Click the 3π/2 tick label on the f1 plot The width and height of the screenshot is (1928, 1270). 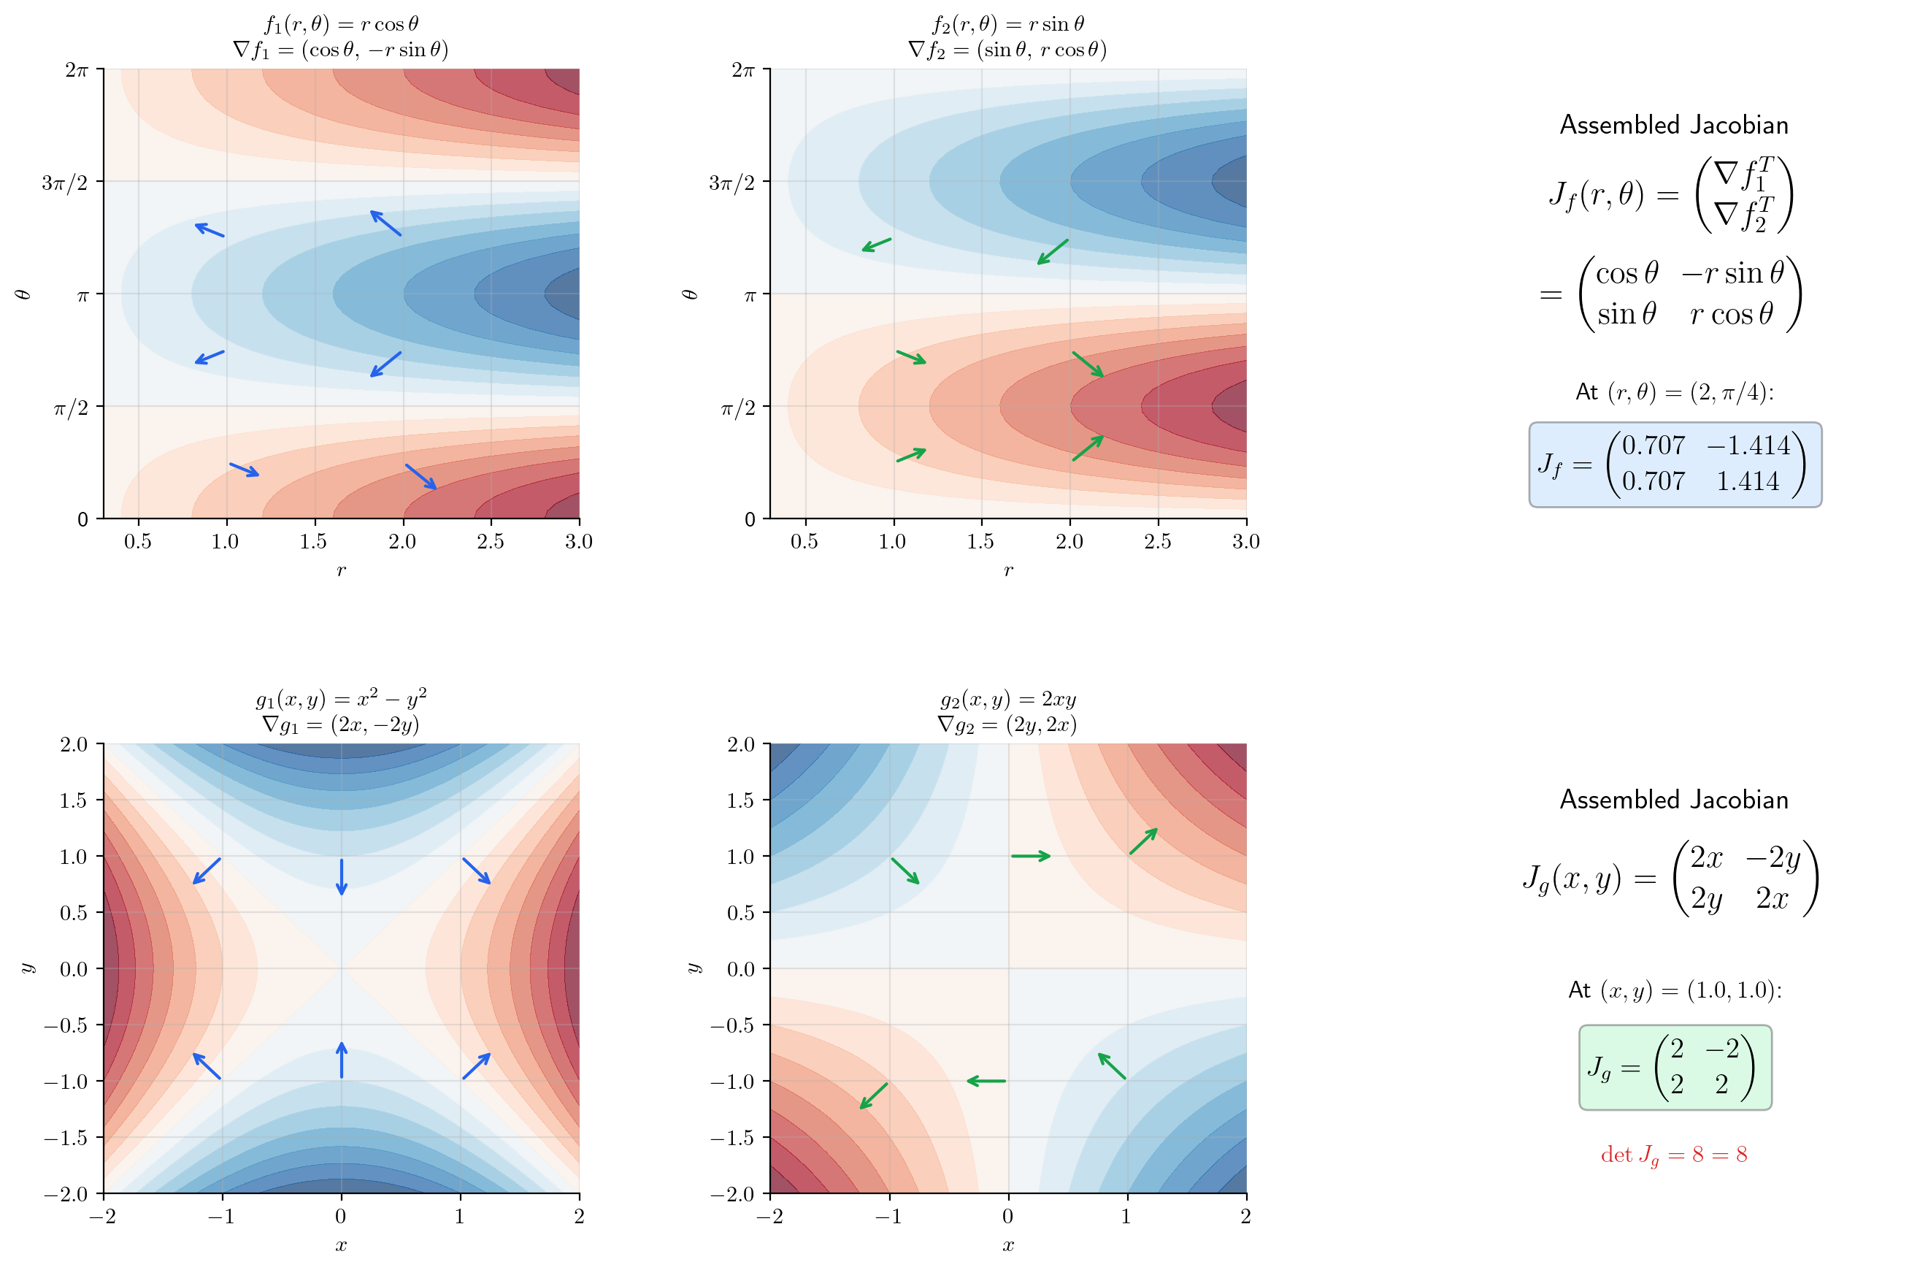tap(65, 183)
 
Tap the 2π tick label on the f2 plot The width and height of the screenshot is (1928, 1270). tap(743, 71)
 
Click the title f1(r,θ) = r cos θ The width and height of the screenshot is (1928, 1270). tap(341, 23)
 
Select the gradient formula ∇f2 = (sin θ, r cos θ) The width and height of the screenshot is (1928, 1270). tap(1007, 50)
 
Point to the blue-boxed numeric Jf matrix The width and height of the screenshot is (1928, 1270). tap(1675, 464)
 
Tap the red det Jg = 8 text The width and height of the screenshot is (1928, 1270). tap(1674, 1155)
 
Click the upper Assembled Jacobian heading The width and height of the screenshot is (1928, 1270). tap(1674, 125)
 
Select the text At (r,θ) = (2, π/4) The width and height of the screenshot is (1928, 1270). tap(1674, 392)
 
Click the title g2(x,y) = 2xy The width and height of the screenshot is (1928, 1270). tap(1007, 699)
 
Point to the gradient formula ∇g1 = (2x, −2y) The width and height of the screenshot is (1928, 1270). tap(341, 724)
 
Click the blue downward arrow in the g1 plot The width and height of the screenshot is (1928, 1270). tap(341, 876)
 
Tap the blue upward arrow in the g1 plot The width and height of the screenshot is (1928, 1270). tap(341, 1060)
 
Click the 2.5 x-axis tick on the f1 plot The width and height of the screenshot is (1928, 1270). tap(490, 541)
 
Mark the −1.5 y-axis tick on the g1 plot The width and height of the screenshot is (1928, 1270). tap(66, 1138)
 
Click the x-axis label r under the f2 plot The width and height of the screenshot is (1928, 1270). tap(1007, 570)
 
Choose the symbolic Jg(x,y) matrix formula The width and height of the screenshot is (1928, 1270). tap(1670, 879)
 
